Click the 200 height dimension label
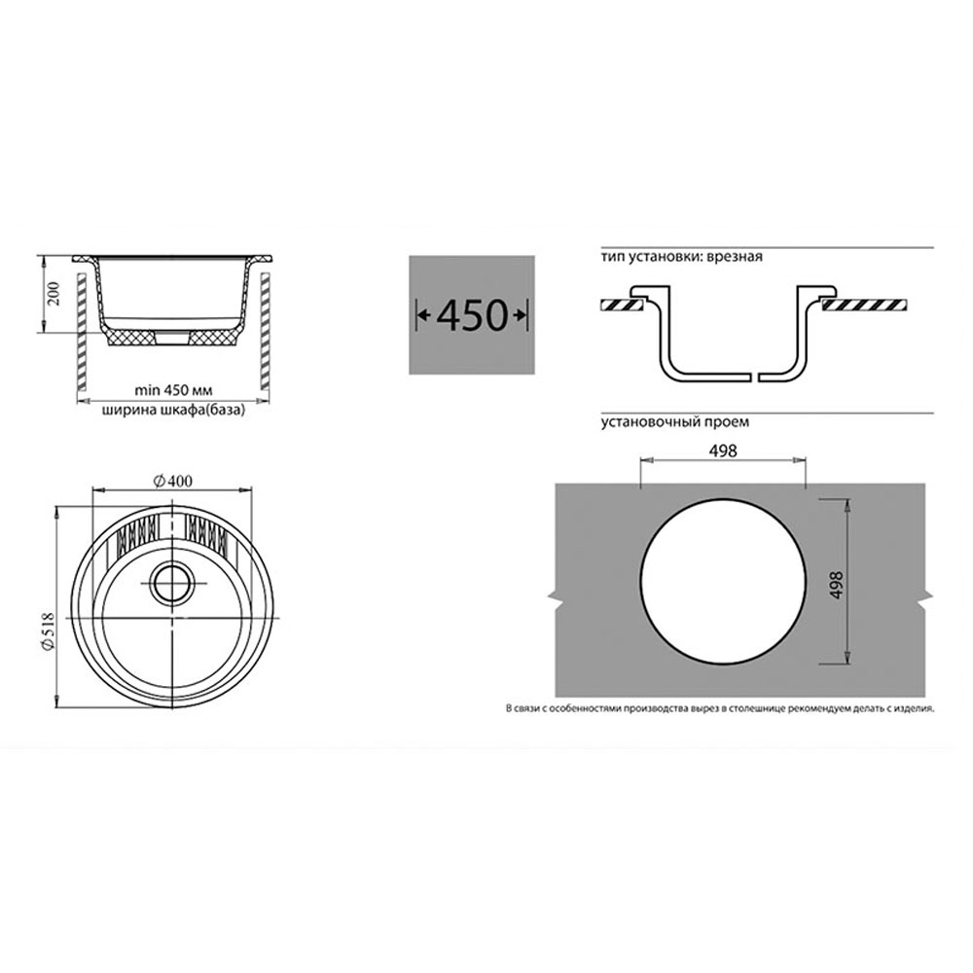[x=54, y=294]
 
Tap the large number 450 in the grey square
[x=472, y=315]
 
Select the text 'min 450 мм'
[x=173, y=391]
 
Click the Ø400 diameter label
[x=172, y=481]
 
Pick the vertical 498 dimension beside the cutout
[x=837, y=585]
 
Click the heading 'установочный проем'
[x=674, y=422]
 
